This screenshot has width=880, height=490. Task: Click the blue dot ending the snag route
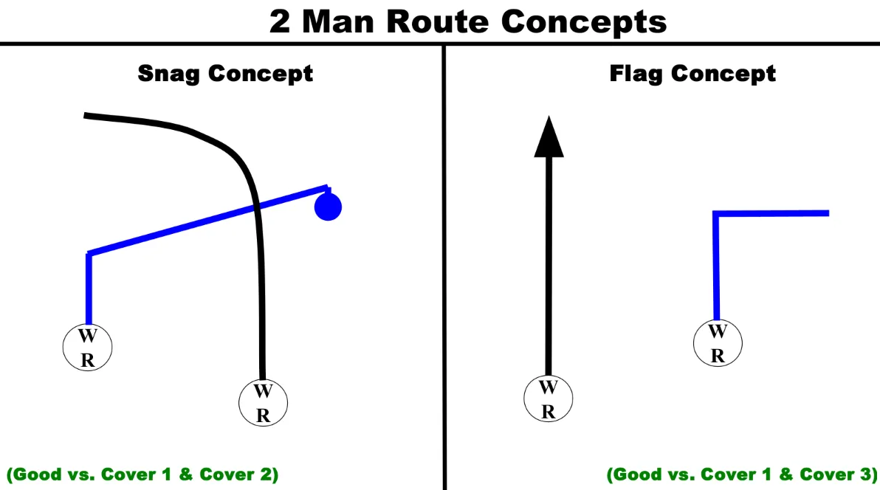coord(328,207)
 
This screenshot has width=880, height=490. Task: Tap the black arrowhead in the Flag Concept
coord(549,138)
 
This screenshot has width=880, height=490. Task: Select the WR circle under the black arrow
coord(548,399)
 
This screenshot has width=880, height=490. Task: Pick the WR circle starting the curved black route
coord(263,402)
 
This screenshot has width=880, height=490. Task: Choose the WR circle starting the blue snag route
coord(87,348)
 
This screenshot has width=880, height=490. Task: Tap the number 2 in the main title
coord(280,22)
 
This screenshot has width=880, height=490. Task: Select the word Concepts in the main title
coord(584,22)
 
